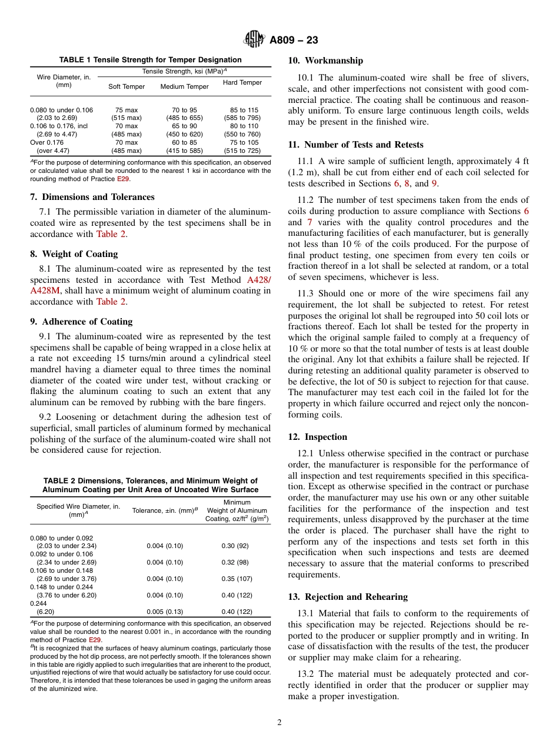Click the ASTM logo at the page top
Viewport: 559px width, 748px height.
click(254, 40)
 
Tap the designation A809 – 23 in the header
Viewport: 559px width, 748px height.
click(294, 40)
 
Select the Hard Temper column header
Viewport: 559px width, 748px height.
click(242, 83)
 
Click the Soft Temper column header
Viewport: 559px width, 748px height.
click(127, 87)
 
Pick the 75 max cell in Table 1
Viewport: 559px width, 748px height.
click(127, 110)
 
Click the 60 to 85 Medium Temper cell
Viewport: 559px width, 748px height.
click(184, 142)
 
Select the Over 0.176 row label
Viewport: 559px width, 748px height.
click(47, 142)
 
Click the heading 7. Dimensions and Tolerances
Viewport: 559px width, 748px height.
click(92, 197)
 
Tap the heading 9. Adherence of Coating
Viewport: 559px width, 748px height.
click(81, 322)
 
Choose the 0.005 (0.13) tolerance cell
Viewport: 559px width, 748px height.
click(165, 612)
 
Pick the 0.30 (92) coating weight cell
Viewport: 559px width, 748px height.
click(236, 546)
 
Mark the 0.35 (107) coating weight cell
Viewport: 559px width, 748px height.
click(236, 579)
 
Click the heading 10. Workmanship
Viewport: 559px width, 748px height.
click(325, 61)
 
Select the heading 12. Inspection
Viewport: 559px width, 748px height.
click(318, 437)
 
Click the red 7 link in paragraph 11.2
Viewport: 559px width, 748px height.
click(310, 222)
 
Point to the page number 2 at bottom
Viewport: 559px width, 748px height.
click(279, 723)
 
